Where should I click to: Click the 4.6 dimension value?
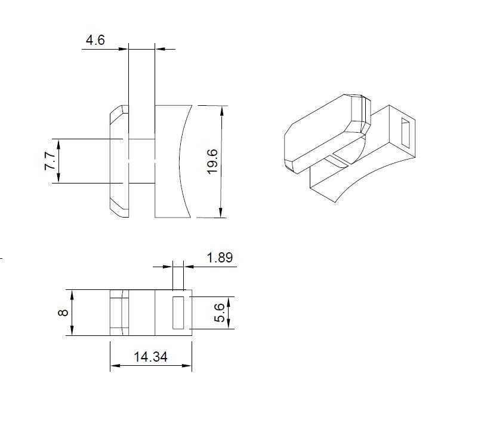click(x=95, y=41)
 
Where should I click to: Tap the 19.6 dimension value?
click(x=212, y=161)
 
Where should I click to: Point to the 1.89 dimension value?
click(x=219, y=258)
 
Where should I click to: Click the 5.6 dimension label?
click(x=219, y=312)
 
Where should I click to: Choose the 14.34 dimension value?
click(x=150, y=357)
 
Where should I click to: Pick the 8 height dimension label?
click(x=64, y=313)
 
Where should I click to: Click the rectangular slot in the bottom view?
click(x=178, y=311)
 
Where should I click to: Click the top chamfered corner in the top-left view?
click(x=118, y=109)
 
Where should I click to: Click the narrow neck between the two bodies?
click(x=141, y=161)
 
